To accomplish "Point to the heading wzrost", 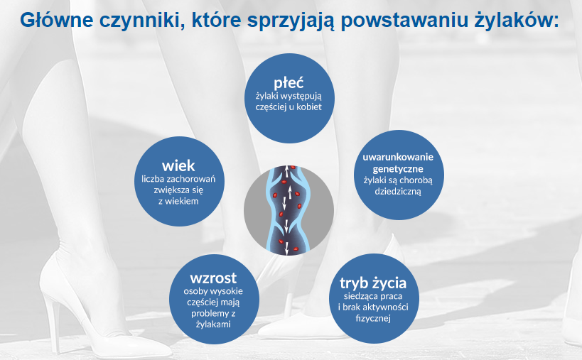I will pos(213,277).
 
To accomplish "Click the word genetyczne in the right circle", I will pos(398,168).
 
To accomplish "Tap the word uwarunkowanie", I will pos(398,156).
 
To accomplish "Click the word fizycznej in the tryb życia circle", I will pos(373,319).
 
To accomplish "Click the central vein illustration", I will pos(289,211).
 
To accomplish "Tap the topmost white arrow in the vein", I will pos(289,170).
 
